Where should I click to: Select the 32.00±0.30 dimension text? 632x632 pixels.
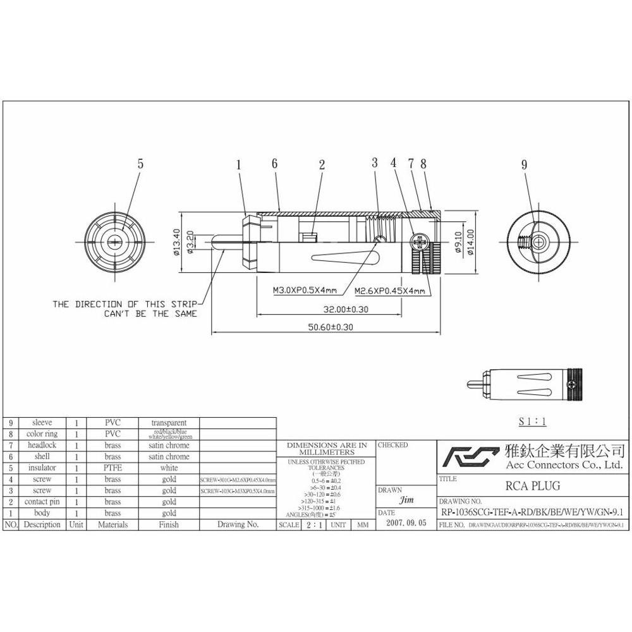[340, 310]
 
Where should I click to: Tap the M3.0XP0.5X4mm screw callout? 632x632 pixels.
[305, 291]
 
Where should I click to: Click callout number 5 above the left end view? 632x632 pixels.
[140, 163]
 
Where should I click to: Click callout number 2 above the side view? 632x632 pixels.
[322, 165]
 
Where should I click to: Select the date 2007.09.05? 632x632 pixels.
[406, 524]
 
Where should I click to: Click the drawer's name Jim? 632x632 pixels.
[407, 501]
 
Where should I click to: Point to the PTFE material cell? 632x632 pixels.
[112, 468]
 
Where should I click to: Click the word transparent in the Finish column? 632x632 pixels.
[169, 423]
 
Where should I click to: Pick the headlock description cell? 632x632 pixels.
[42, 445]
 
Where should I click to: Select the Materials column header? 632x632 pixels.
[112, 525]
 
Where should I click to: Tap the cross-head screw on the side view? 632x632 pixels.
[419, 241]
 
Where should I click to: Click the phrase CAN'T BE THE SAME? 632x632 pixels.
[150, 313]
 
